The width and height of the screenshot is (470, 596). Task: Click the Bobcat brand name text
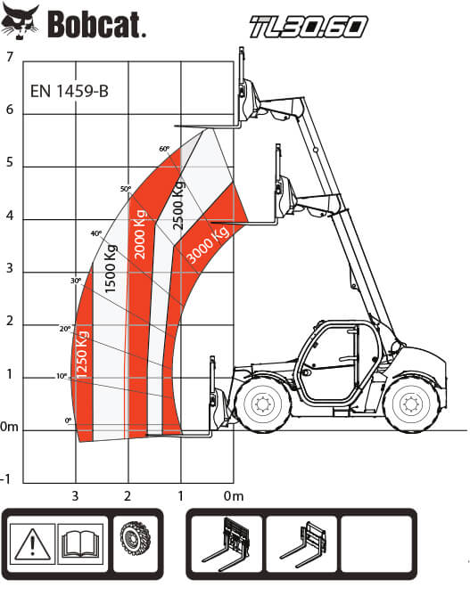(96, 25)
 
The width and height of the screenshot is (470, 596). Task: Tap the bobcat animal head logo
(20, 22)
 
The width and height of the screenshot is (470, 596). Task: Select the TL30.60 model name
(309, 27)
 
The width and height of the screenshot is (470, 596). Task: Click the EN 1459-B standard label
(70, 91)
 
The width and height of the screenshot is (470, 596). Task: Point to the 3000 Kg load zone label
(208, 244)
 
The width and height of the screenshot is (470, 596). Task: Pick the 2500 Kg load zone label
(178, 205)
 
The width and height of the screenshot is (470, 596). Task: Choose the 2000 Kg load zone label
(140, 234)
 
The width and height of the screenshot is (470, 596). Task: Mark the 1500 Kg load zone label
(110, 269)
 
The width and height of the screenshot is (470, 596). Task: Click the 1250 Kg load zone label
(83, 355)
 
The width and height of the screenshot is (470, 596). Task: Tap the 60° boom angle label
(164, 149)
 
